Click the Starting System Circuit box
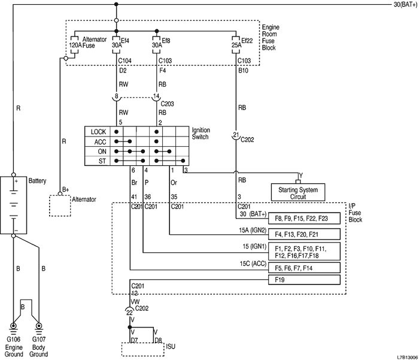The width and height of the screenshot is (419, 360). coord(297,192)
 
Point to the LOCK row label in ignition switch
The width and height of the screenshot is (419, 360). coord(98,131)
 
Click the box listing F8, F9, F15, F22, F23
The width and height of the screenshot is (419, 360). coord(306,218)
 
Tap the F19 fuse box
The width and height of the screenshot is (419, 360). coord(306,280)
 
